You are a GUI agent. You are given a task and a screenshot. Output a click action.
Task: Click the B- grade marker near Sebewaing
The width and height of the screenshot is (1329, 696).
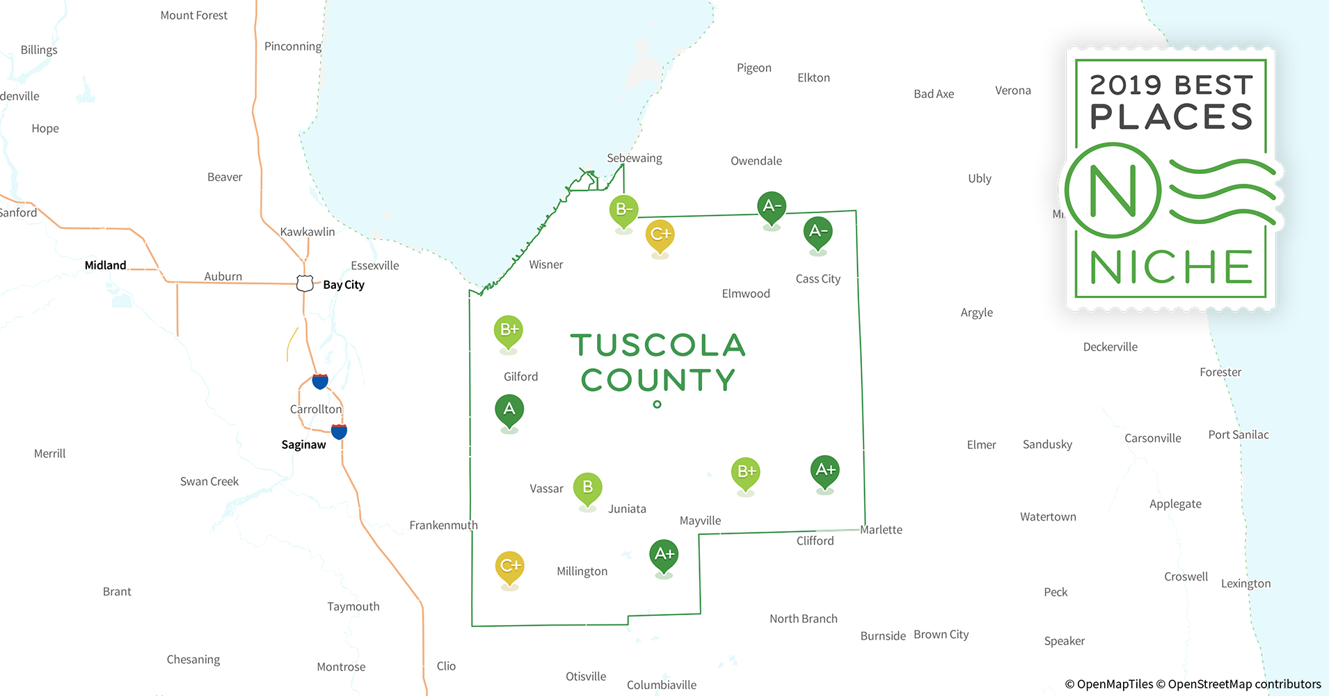(x=623, y=210)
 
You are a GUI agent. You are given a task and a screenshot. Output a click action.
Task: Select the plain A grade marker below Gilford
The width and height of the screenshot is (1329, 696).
(x=509, y=410)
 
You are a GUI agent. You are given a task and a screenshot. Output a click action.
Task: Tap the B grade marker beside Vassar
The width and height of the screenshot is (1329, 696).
(x=587, y=488)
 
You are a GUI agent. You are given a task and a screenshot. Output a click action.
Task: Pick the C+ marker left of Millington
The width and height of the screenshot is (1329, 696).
(x=509, y=567)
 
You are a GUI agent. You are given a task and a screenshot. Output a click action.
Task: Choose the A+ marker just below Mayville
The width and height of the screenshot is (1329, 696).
(x=664, y=555)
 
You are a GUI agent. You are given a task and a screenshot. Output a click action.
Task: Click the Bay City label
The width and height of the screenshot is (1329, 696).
(x=344, y=285)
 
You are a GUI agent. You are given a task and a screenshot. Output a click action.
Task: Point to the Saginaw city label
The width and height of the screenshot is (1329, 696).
(x=303, y=445)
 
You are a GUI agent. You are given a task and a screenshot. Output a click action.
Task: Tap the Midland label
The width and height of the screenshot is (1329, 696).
(x=105, y=265)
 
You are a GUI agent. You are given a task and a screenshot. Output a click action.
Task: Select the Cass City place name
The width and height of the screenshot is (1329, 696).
(x=818, y=279)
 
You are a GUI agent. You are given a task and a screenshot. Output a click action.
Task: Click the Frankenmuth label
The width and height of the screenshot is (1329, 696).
(x=443, y=525)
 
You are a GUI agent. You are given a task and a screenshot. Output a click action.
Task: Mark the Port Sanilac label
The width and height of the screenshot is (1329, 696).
(x=1238, y=435)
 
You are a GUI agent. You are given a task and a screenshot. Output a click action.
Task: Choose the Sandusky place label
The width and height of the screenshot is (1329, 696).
(x=1047, y=445)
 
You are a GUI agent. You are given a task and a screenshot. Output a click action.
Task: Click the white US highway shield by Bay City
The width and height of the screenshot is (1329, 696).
(x=305, y=283)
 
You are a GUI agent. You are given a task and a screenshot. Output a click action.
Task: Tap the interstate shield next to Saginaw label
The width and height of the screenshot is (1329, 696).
(x=339, y=432)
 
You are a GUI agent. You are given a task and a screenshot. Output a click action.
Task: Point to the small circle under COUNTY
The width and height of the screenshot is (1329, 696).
(x=657, y=404)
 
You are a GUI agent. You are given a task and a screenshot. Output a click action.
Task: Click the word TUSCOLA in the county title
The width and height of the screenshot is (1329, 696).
(x=658, y=345)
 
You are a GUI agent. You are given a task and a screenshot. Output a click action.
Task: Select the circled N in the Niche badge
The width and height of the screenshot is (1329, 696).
(x=1113, y=191)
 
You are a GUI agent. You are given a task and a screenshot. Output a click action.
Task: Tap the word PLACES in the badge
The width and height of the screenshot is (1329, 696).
(x=1171, y=117)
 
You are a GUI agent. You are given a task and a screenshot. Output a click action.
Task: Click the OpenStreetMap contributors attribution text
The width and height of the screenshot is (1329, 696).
(x=1244, y=684)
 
